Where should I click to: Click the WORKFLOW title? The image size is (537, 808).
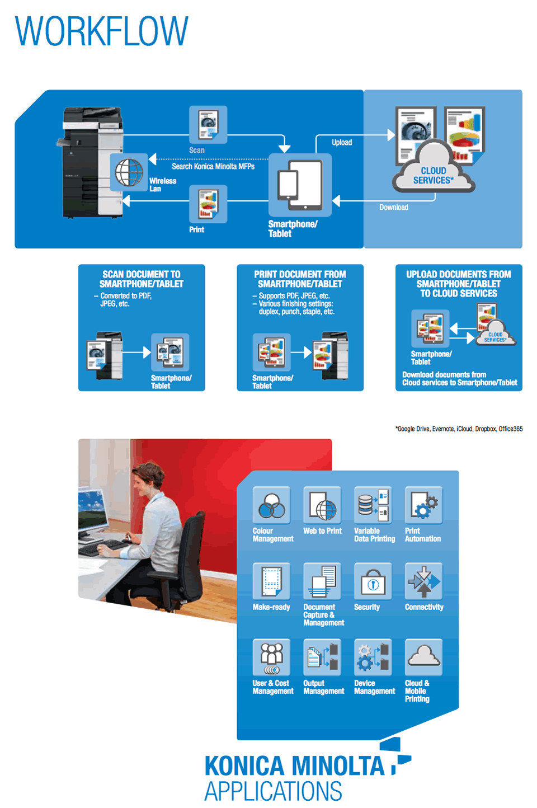101,31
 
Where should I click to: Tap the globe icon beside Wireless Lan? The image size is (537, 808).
129,172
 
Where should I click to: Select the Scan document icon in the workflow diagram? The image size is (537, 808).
208,124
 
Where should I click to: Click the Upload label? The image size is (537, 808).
342,142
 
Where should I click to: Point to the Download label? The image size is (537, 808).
394,207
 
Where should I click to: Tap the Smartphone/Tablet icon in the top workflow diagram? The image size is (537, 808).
300,184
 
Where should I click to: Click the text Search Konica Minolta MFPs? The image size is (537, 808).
213,166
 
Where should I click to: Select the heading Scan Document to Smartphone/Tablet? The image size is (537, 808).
142,279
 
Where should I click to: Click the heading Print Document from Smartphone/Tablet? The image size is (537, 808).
300,279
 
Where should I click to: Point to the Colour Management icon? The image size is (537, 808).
271,505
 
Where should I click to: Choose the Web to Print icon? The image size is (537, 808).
322,505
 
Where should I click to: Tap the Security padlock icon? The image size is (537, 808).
373,581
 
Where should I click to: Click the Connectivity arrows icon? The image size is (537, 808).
424,581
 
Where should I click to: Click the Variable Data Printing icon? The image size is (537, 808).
373,505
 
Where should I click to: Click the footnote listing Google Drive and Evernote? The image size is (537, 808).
459,429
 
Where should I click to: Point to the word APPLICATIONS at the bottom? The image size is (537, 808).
273,791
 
